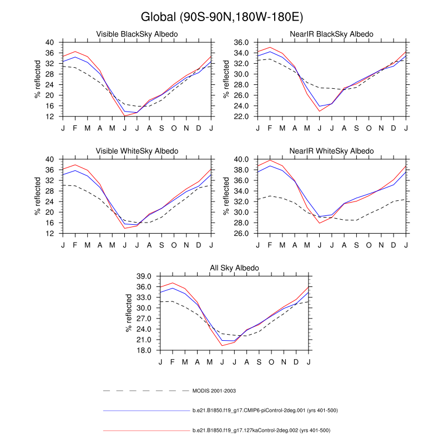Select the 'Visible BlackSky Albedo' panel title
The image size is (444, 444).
pos(137,34)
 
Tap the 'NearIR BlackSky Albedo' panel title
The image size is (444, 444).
pos(332,34)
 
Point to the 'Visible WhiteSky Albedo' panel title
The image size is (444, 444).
pos(137,151)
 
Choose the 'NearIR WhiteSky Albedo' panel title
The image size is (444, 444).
pos(332,151)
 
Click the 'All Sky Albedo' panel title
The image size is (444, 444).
pos(235,268)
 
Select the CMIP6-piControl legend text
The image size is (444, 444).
pos(265,411)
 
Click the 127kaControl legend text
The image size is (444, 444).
pos(261,430)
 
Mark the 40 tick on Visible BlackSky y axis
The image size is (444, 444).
pos(50,42)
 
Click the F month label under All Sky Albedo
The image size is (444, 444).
pos(173,362)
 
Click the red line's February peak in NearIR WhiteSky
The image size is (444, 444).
pos(270,160)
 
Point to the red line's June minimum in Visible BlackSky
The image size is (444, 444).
pos(124,116)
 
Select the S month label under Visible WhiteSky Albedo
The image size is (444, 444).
pos(162,245)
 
